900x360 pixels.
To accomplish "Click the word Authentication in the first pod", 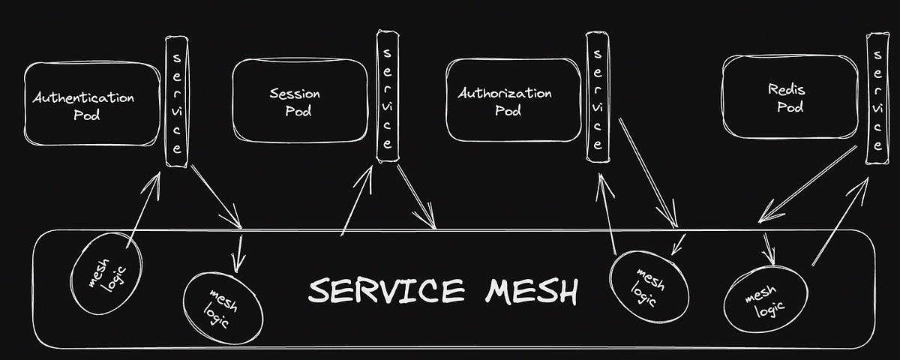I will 83,98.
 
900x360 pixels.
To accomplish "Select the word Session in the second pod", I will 295,94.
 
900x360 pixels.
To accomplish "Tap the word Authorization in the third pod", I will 505,94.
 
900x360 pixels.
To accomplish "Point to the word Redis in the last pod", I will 786,90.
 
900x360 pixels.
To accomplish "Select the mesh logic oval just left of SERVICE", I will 223,305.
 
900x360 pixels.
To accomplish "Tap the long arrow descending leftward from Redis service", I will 808,184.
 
